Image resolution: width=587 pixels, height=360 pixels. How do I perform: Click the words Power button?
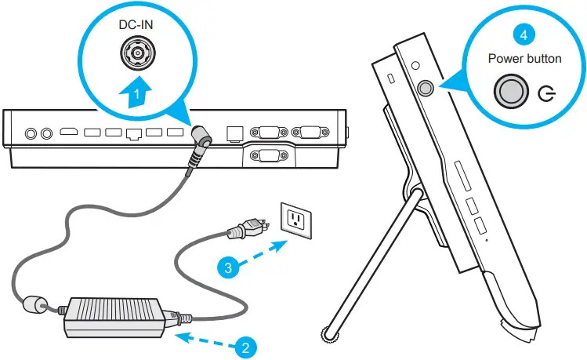[x=524, y=58]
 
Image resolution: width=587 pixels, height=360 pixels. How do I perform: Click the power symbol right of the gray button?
[x=548, y=95]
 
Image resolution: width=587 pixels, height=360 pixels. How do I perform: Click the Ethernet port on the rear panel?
[x=133, y=134]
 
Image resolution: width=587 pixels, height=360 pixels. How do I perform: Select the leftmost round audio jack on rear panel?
[x=33, y=134]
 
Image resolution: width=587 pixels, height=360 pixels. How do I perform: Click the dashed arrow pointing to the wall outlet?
[x=258, y=254]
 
